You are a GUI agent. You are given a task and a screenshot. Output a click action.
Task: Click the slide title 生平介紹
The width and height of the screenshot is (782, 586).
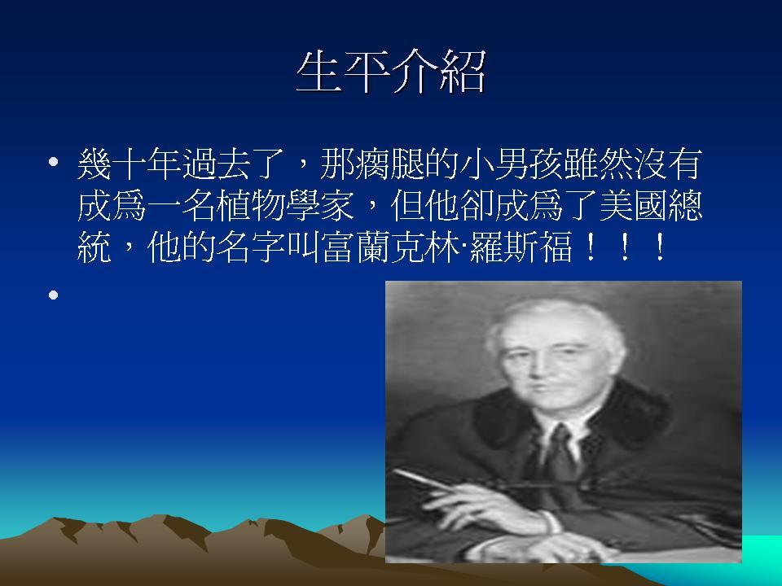[x=391, y=72]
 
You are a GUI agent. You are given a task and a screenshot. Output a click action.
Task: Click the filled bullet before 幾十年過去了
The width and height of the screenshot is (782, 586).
[x=54, y=162]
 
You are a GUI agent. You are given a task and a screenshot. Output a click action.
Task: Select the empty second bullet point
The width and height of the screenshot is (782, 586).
[x=54, y=295]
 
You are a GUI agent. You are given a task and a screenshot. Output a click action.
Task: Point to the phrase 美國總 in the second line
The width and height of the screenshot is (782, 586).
[x=651, y=205]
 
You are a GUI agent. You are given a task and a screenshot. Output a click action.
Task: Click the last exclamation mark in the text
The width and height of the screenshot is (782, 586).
[x=660, y=247]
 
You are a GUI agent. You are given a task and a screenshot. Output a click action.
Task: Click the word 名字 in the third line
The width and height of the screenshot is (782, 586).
[x=251, y=247]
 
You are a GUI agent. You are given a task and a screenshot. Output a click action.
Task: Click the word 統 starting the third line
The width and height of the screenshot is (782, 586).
[x=94, y=247]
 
